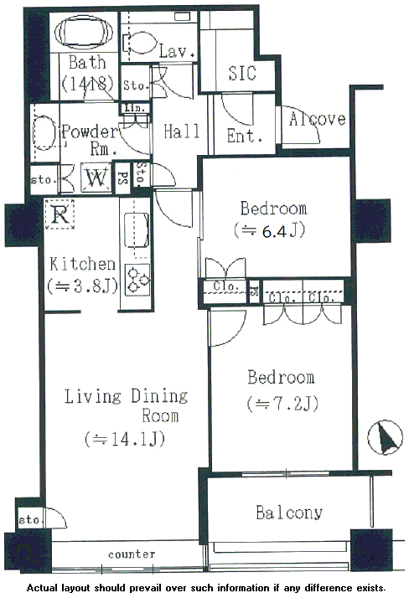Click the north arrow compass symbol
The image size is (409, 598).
(385, 437)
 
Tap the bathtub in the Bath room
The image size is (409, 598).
(84, 33)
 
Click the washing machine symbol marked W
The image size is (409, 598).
(96, 178)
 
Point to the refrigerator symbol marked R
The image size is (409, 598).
(60, 214)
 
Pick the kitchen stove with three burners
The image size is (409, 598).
(137, 280)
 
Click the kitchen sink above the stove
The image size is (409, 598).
(136, 230)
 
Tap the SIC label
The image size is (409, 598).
(242, 73)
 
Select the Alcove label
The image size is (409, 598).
(318, 119)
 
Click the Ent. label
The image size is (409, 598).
(245, 136)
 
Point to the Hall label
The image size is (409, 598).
(182, 131)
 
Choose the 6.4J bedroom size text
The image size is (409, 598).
(270, 230)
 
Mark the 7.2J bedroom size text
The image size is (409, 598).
(282, 404)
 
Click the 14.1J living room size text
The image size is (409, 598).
(125, 439)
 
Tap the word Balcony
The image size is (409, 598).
(289, 513)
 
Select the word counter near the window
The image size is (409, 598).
(132, 554)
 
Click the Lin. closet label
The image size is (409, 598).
(135, 108)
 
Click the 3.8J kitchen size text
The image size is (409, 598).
(82, 286)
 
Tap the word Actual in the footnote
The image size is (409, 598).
(43, 588)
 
